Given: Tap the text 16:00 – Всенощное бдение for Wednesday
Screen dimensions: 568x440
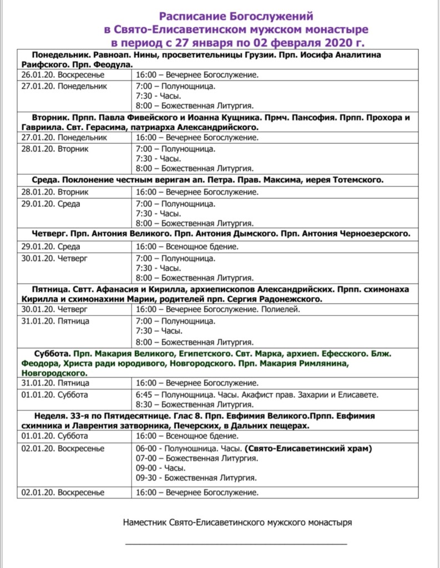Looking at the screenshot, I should (x=187, y=246).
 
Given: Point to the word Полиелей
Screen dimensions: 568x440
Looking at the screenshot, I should (x=282, y=309).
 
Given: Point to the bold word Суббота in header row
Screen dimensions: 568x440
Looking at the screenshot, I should (x=50, y=353).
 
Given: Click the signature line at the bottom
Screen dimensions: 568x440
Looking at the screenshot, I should (x=236, y=544).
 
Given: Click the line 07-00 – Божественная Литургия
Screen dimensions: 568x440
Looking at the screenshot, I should (x=196, y=458).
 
